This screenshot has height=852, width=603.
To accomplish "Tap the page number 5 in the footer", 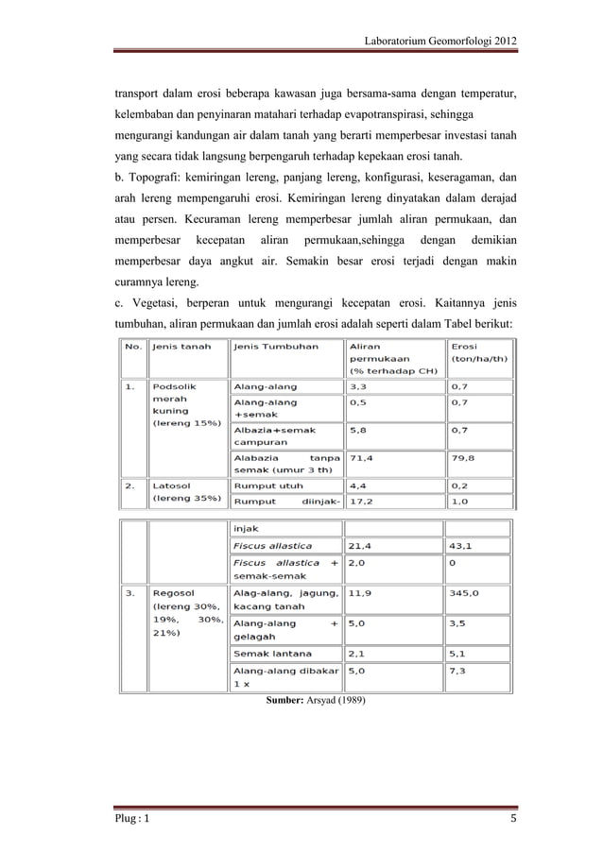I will coord(513,818).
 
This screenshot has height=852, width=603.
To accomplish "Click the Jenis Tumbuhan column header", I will coord(267,347).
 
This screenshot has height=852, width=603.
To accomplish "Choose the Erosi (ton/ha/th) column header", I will coord(480,352).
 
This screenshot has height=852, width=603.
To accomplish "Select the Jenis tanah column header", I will coord(181,347).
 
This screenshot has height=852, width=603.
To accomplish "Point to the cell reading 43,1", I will coord(462,545).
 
